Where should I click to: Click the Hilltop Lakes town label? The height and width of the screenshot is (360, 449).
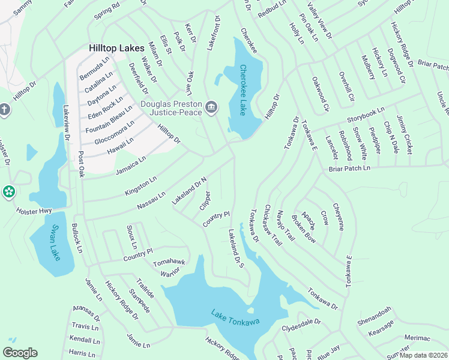click(116, 48)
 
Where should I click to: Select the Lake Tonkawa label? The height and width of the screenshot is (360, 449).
click(235, 317)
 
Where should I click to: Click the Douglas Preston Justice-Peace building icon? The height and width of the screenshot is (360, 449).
click(211, 107)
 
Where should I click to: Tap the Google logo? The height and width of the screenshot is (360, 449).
click(20, 353)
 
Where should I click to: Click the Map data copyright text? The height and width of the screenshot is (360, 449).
click(424, 355)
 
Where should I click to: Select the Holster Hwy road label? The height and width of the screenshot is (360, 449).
click(34, 212)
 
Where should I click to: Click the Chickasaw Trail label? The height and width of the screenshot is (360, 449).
click(271, 227)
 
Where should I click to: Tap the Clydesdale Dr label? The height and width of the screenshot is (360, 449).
click(301, 326)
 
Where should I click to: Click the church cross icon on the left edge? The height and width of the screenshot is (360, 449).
click(5, 110)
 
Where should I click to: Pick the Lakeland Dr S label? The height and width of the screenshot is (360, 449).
click(235, 250)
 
